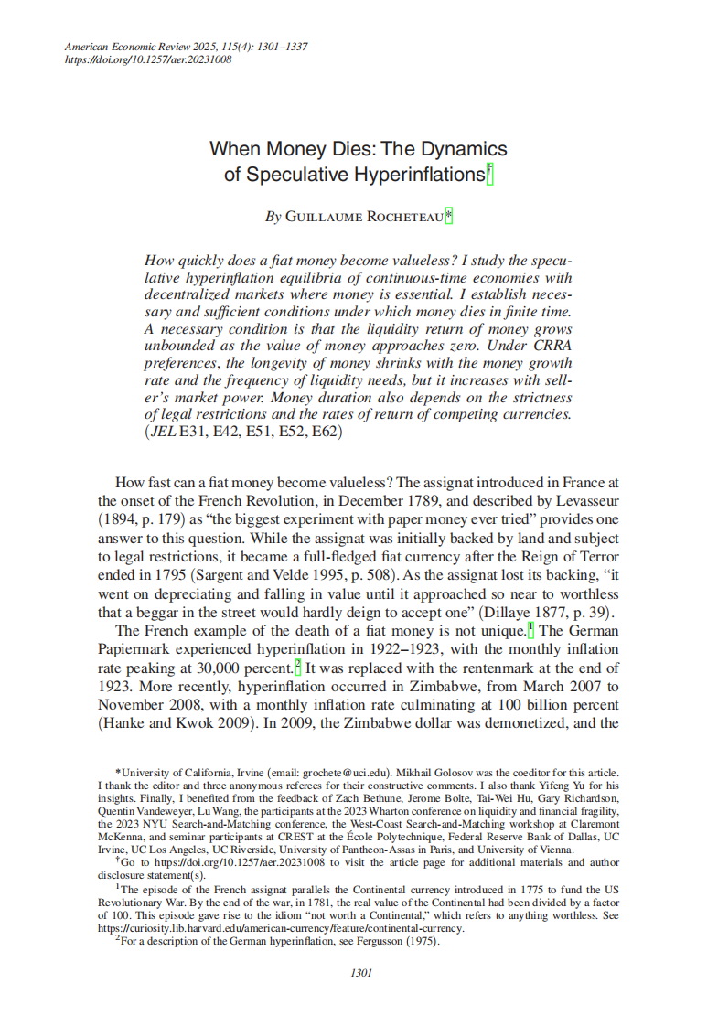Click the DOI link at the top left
147,59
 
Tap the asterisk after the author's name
449,216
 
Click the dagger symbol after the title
489,171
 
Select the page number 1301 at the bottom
360,972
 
